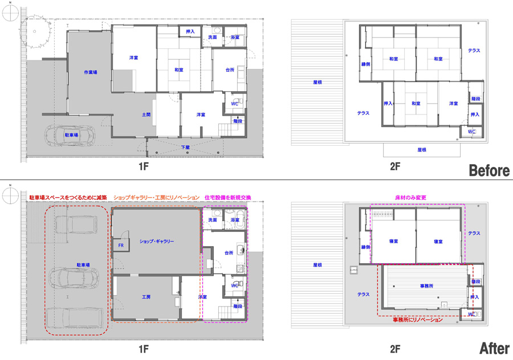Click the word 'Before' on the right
[489, 170]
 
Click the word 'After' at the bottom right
[494, 348]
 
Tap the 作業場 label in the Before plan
[90, 72]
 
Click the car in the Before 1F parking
[70, 135]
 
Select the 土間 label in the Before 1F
[146, 114]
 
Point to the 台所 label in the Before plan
[230, 69]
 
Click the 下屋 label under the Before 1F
[185, 147]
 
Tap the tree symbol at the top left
[35, 32]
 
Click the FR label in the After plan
[121, 246]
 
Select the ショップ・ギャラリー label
[157, 242]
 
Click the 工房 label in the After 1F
[146, 297]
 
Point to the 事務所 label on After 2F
[426, 286]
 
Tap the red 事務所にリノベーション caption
[418, 320]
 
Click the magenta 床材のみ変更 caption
[410, 198]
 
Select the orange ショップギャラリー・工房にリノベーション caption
[156, 198]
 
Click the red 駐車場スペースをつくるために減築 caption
[68, 198]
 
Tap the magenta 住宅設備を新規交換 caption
[227, 198]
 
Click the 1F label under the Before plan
[144, 166]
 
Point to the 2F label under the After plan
[395, 349]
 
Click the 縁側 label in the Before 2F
[365, 64]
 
